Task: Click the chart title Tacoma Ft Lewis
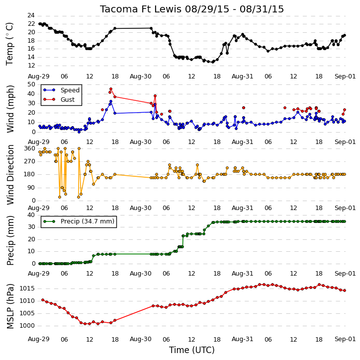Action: [141, 9]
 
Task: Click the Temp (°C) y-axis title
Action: [9, 44]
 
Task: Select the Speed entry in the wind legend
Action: [61, 90]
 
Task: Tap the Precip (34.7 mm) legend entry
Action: [79, 221]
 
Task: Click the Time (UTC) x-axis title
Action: [192, 350]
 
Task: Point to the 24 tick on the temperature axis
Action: [31, 15]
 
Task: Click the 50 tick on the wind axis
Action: [31, 84]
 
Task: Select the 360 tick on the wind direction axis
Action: [29, 148]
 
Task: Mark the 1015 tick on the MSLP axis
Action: [27, 288]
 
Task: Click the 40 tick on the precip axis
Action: [31, 215]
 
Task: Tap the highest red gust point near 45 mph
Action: [111, 89]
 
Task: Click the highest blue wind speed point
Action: [111, 101]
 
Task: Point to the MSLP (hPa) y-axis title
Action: [10, 306]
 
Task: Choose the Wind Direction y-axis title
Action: [10, 175]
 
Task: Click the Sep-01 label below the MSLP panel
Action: [345, 339]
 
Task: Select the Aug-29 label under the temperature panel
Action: [39, 76]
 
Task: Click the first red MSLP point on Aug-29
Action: [43, 300]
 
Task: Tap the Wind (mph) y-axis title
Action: [10, 109]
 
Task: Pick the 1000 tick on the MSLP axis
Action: [27, 326]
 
